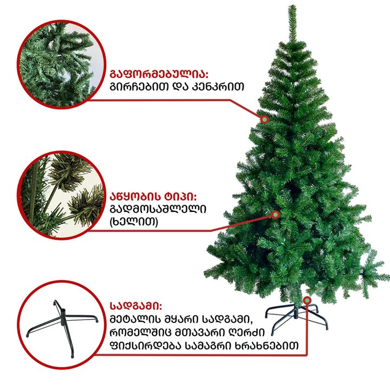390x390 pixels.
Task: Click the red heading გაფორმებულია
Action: click(159, 74)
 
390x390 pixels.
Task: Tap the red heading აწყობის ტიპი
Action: click(153, 197)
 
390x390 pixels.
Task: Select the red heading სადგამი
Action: click(136, 306)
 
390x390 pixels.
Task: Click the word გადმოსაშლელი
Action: click(158, 209)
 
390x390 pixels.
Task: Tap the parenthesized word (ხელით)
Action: click(134, 221)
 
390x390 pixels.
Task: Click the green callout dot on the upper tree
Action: click(265, 120)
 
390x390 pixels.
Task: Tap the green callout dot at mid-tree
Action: click(275, 214)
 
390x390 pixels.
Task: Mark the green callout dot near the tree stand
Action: click(307, 301)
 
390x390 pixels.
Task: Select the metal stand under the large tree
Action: click(296, 318)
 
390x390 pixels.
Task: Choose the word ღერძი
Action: click(240, 333)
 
